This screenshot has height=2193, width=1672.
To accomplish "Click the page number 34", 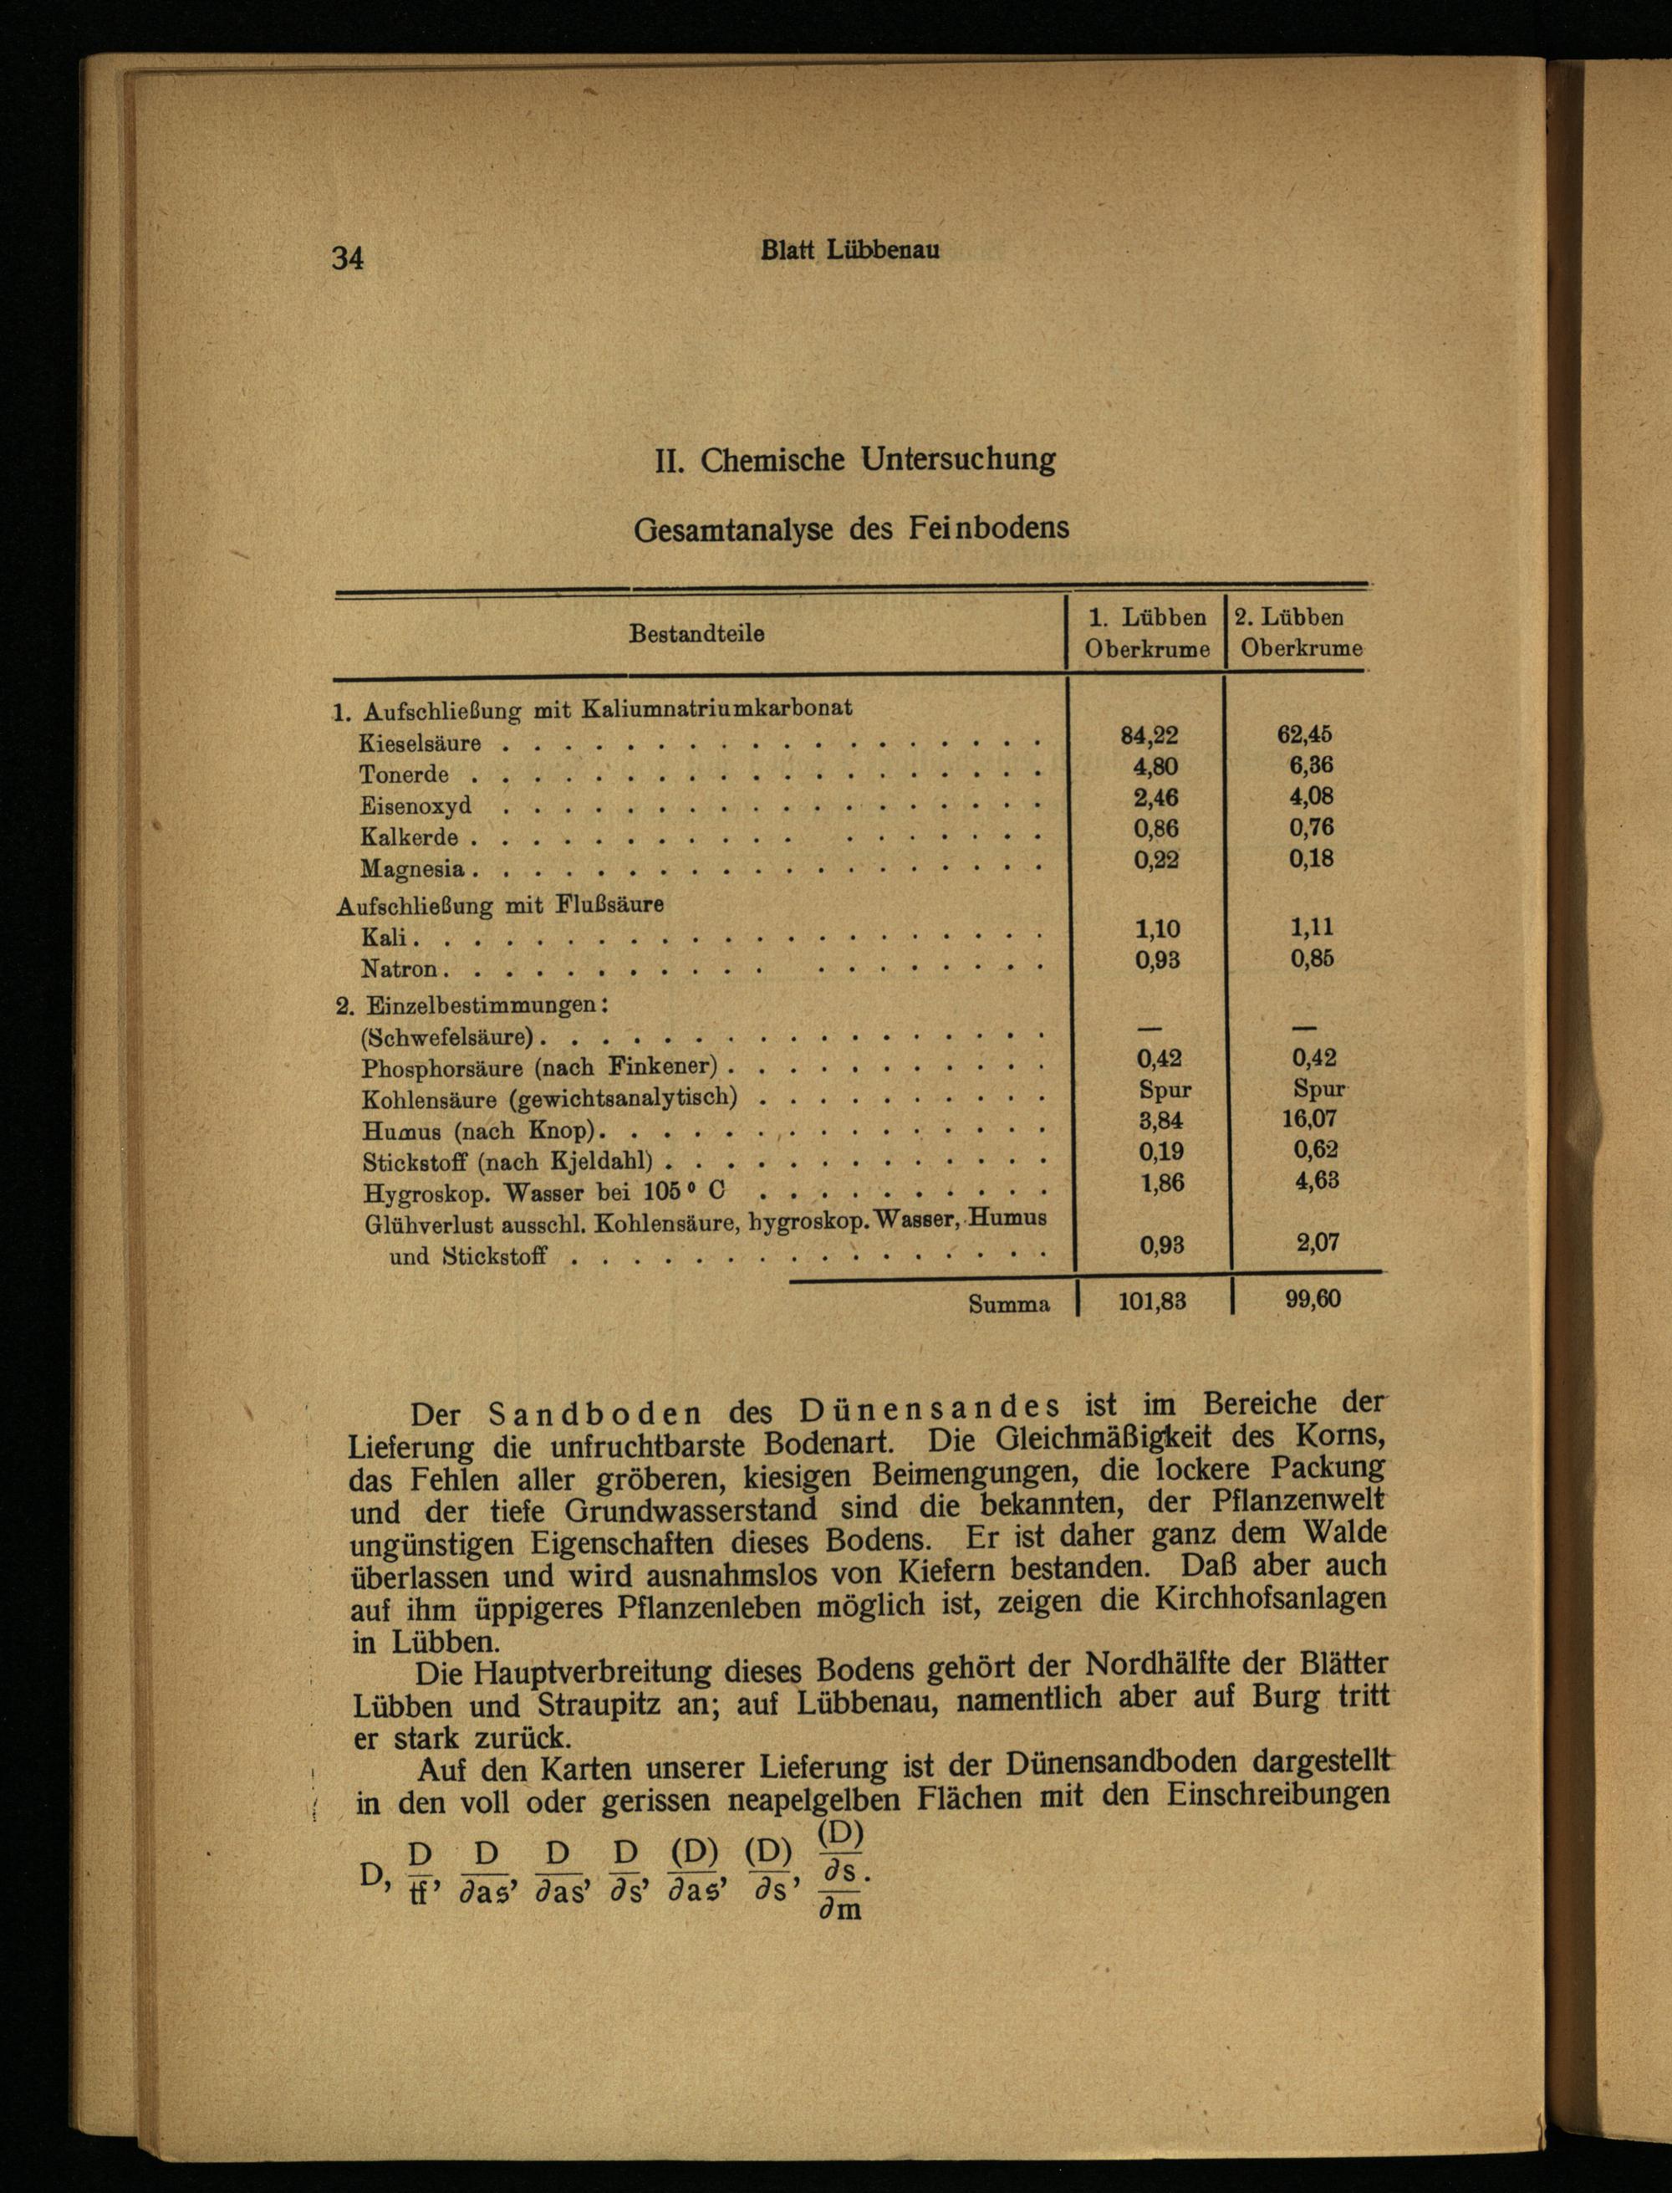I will click(347, 258).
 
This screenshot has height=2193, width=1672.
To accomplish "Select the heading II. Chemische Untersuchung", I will click(854, 460).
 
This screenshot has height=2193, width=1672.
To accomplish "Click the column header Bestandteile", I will click(696, 633).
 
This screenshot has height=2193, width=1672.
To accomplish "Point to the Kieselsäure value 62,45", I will click(1304, 734).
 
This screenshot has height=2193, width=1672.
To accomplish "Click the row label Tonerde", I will click(404, 774).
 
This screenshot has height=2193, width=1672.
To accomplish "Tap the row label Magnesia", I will click(412, 869).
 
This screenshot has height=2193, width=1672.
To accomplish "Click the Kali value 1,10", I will click(1156, 928).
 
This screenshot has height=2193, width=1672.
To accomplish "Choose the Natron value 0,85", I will click(1312, 958).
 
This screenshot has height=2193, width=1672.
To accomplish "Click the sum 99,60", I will click(1313, 1299).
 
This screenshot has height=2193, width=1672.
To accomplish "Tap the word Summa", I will click(1008, 1304).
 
